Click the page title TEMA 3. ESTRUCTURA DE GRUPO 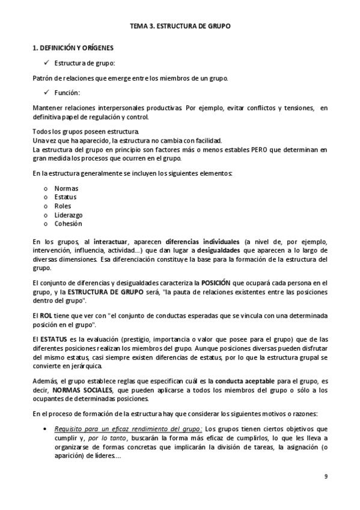click(180, 26)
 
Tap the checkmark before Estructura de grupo click(46, 62)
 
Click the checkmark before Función click(46, 92)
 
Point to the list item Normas click(66, 188)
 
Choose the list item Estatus click(66, 197)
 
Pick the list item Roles click(63, 206)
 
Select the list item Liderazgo click(69, 215)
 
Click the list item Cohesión click(68, 224)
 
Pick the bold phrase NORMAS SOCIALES click(81, 390)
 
